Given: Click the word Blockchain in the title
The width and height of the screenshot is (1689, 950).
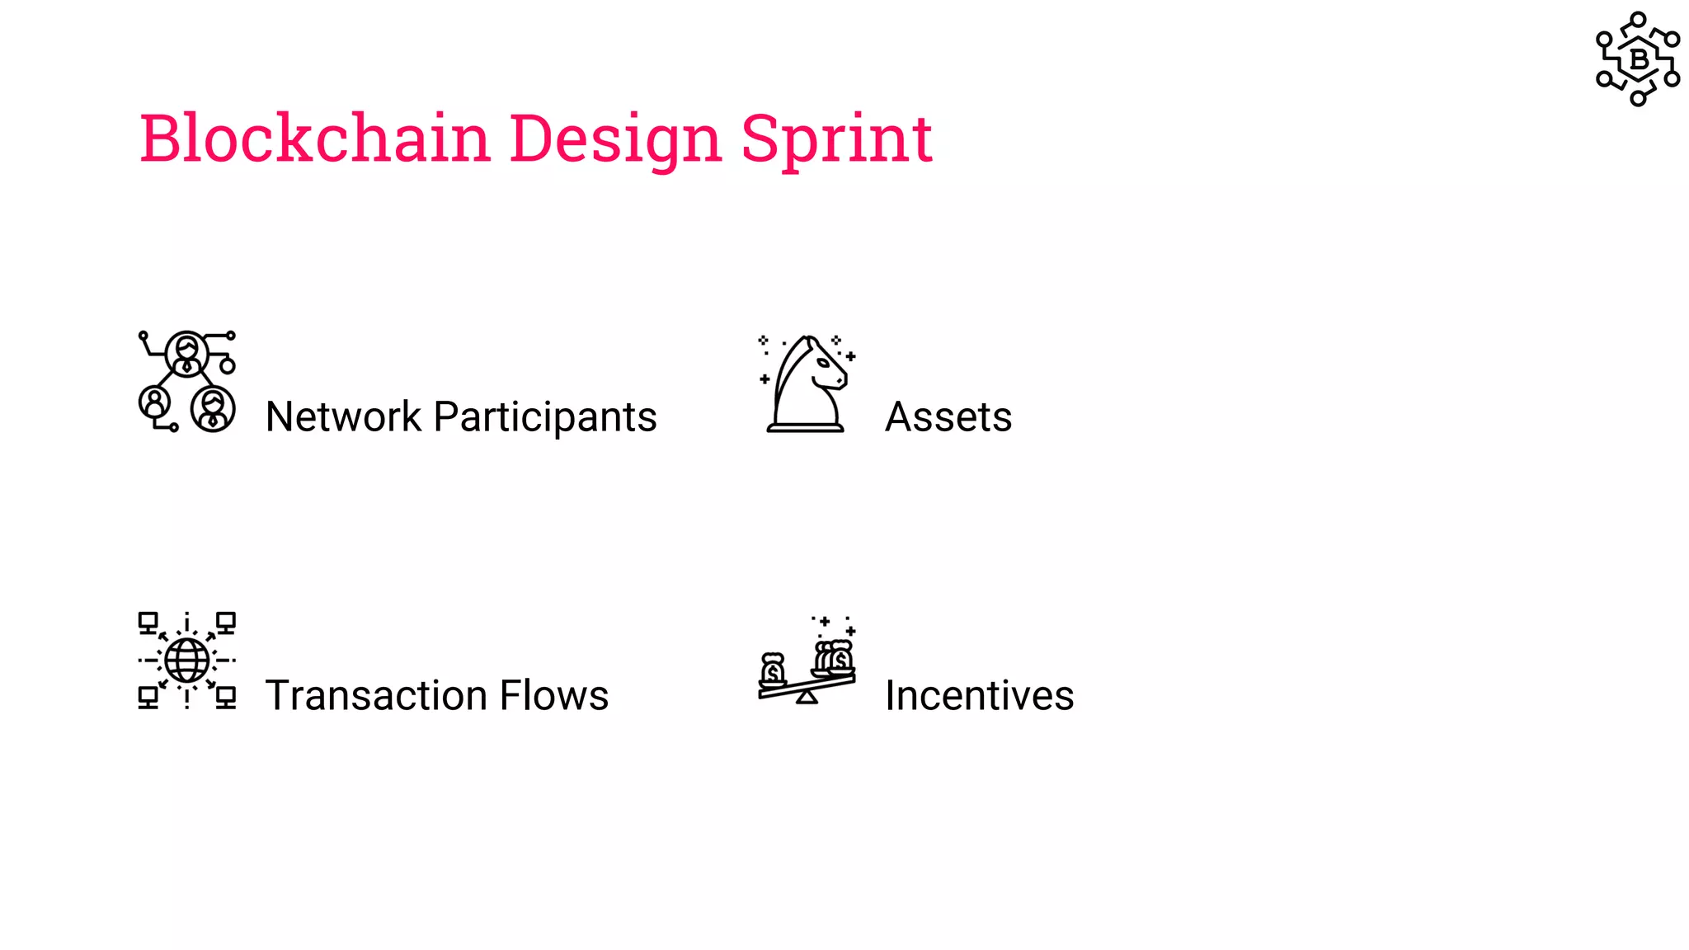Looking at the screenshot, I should (314, 138).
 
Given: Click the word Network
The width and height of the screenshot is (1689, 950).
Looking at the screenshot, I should (343, 416).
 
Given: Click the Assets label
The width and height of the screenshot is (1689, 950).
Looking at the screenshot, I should (948, 416).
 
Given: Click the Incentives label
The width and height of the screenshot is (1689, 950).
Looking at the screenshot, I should (979, 695).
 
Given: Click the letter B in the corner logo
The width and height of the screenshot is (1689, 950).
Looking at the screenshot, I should (1639, 59).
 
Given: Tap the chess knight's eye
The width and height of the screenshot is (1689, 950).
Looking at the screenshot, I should (822, 363).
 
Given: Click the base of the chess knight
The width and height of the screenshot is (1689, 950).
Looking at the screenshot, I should (806, 426).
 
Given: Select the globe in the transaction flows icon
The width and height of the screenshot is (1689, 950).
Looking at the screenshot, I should (187, 660).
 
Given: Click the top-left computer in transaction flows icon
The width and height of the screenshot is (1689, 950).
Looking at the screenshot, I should (148, 622).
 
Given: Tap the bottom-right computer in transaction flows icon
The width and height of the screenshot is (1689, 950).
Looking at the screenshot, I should (226, 698).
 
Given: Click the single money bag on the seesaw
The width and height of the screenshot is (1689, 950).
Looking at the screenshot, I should (773, 670).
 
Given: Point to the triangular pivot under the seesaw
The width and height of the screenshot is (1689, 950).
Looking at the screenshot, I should (807, 698).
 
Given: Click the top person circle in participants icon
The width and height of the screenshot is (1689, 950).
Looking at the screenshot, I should (187, 353).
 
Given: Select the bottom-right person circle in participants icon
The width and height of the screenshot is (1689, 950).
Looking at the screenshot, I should (214, 408).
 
